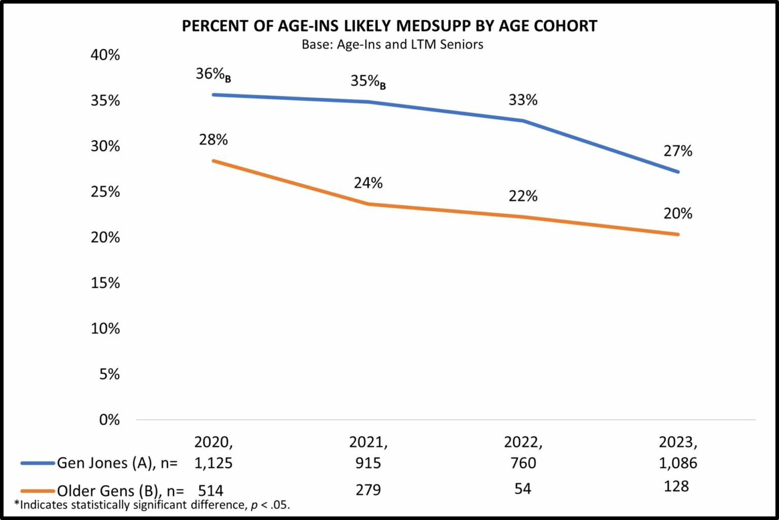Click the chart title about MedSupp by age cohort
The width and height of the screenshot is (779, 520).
click(389, 26)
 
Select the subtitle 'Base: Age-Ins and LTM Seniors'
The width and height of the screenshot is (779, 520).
click(392, 45)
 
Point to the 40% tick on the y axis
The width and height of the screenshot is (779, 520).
click(105, 55)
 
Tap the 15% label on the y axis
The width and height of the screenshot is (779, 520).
click(105, 283)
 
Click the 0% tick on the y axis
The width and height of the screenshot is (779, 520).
click(110, 419)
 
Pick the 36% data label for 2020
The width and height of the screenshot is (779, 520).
click(213, 74)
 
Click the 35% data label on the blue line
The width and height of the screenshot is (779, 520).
click(368, 81)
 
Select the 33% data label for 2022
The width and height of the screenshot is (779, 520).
click(523, 100)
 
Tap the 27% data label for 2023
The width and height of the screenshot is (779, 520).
click(678, 151)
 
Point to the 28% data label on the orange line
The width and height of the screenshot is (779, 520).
click(213, 140)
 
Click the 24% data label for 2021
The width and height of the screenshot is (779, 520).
click(368, 183)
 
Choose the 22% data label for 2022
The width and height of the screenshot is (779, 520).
click(523, 196)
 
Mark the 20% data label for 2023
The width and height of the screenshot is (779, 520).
click(678, 213)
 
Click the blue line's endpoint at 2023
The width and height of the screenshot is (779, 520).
click(678, 172)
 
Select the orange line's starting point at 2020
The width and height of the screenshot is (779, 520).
click(214, 161)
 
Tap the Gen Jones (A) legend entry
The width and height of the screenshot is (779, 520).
click(117, 463)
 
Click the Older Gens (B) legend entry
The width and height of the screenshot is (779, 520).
click(120, 491)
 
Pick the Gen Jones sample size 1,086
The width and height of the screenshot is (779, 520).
click(678, 463)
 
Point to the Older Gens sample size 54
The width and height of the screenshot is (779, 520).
click(523, 489)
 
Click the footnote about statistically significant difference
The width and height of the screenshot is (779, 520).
click(152, 505)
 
